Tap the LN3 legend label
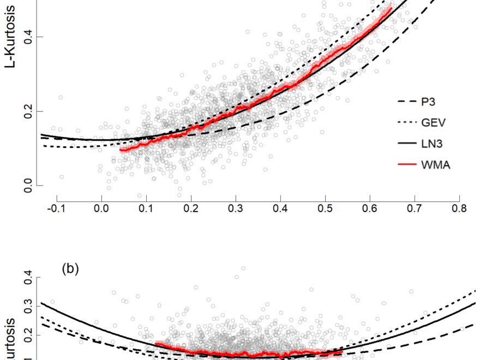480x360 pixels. (431, 143)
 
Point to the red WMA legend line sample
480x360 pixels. (407, 165)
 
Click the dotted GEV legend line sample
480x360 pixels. (407, 123)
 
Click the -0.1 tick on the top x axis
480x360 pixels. (57, 208)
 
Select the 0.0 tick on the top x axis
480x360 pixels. (101, 208)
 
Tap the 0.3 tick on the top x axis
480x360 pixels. (236, 208)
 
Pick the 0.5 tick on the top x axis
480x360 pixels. (325, 208)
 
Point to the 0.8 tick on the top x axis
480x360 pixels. (459, 208)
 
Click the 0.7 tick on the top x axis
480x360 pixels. (415, 208)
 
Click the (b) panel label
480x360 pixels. (70, 268)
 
